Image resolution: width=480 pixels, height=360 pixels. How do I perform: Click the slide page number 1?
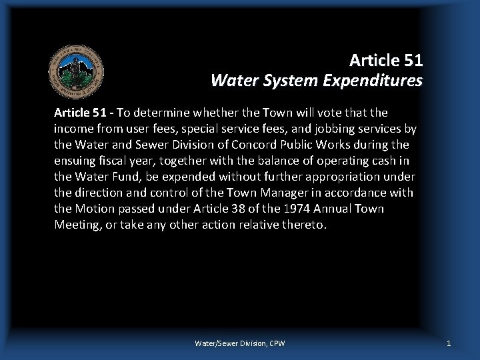point(449,343)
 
